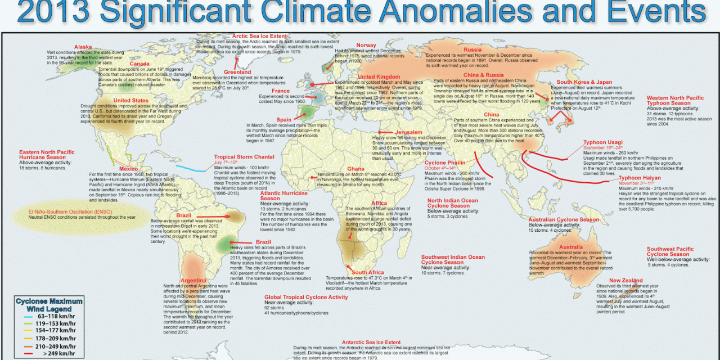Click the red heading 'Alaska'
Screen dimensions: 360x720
point(83,47)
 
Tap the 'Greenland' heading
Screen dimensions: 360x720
point(237,72)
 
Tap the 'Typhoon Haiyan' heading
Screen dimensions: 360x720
point(639,177)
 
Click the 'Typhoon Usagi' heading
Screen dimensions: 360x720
point(602,142)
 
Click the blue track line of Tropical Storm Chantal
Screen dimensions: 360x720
point(191,166)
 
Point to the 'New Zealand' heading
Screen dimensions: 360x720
point(625,280)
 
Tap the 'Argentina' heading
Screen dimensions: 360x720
point(196,280)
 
